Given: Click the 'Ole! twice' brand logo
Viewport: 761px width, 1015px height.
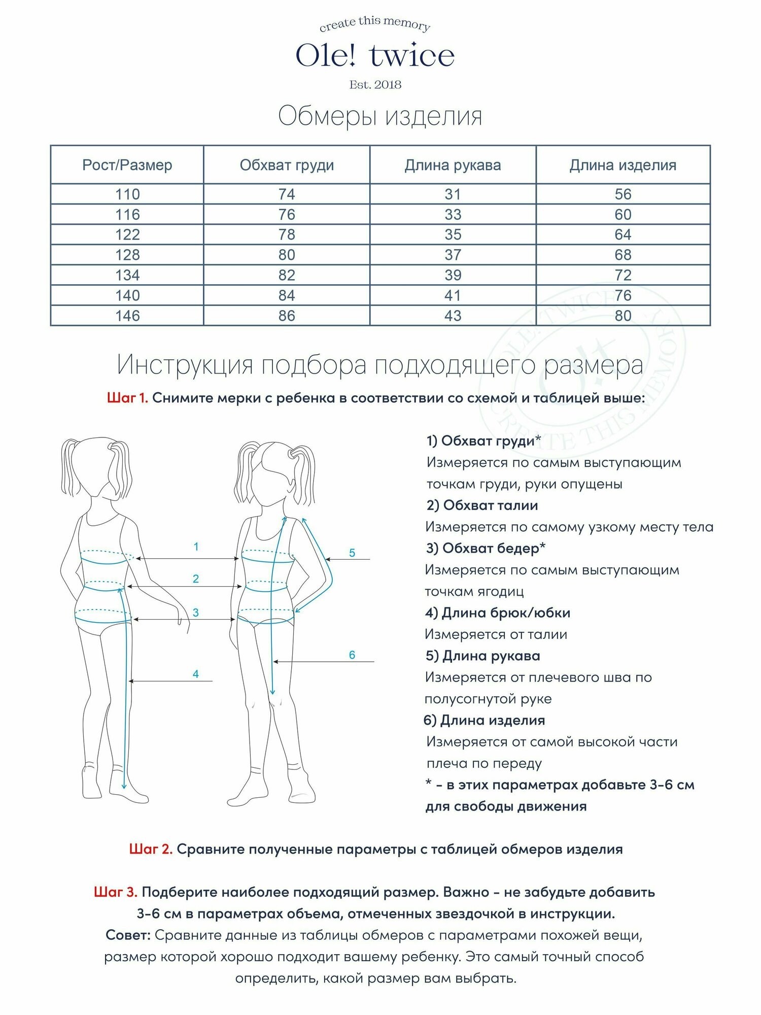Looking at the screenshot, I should [x=375, y=56].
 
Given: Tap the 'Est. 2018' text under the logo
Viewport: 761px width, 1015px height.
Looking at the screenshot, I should [x=375, y=85].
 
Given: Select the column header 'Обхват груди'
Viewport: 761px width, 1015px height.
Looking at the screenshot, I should [x=287, y=165].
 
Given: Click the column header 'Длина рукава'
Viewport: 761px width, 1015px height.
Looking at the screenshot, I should [x=453, y=165].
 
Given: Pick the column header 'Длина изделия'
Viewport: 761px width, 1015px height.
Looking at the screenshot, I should [x=622, y=165].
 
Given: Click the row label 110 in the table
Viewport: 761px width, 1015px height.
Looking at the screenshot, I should [x=127, y=194].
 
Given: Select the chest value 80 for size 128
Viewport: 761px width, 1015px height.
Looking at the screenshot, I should [x=287, y=255].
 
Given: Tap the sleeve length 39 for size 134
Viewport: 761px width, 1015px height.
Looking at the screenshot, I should [x=453, y=275].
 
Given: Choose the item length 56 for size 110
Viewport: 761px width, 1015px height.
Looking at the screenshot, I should [x=622, y=194].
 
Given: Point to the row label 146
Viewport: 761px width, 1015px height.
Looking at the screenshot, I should [x=127, y=316].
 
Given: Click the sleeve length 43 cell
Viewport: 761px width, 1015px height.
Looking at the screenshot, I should [x=453, y=316].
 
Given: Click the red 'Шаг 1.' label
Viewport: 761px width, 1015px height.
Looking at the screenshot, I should [x=127, y=398].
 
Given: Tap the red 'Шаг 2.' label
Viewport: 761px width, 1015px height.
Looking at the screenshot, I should [x=151, y=849].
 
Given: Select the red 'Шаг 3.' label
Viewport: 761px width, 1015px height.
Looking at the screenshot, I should [x=116, y=892].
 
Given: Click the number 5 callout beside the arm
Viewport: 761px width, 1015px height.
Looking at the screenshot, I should [x=352, y=553].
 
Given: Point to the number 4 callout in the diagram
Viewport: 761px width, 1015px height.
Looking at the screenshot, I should [x=196, y=674].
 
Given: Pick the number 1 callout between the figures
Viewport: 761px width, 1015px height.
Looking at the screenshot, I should [x=196, y=547].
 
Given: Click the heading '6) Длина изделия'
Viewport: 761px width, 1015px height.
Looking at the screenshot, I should [x=484, y=720].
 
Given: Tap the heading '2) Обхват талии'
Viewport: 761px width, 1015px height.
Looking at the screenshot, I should [x=482, y=505].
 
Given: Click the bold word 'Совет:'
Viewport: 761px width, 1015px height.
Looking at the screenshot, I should [x=128, y=935].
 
